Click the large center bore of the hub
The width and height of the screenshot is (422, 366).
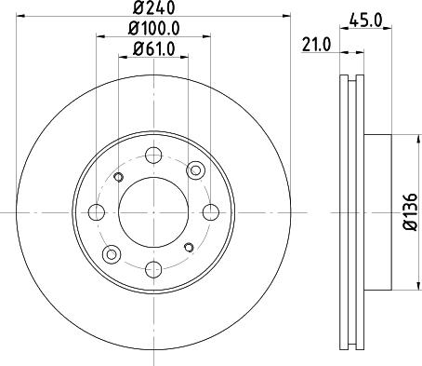152,211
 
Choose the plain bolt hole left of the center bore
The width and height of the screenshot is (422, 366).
96,211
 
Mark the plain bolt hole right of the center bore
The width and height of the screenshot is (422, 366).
209,211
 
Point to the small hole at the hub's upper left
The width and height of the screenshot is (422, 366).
117,177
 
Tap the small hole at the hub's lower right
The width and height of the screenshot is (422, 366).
188,247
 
